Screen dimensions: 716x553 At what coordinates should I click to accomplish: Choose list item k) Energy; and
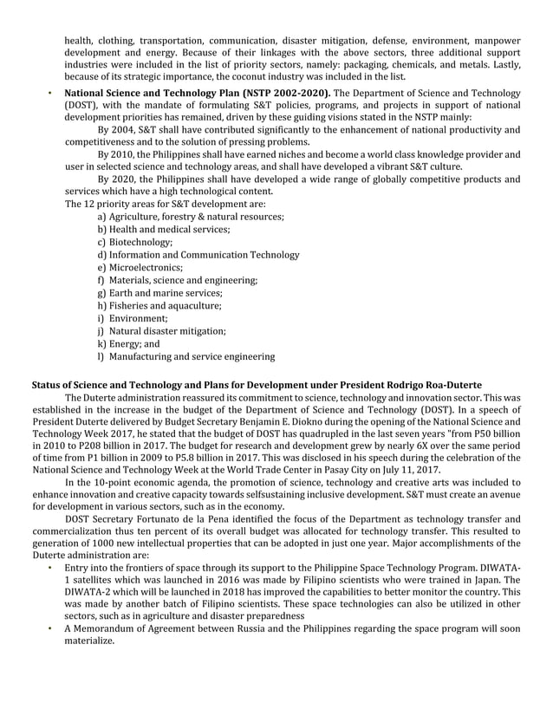(x=129, y=343)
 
